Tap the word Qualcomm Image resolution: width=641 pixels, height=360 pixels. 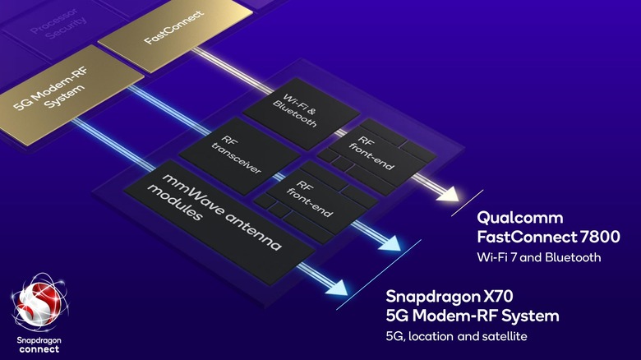coord(520,218)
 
